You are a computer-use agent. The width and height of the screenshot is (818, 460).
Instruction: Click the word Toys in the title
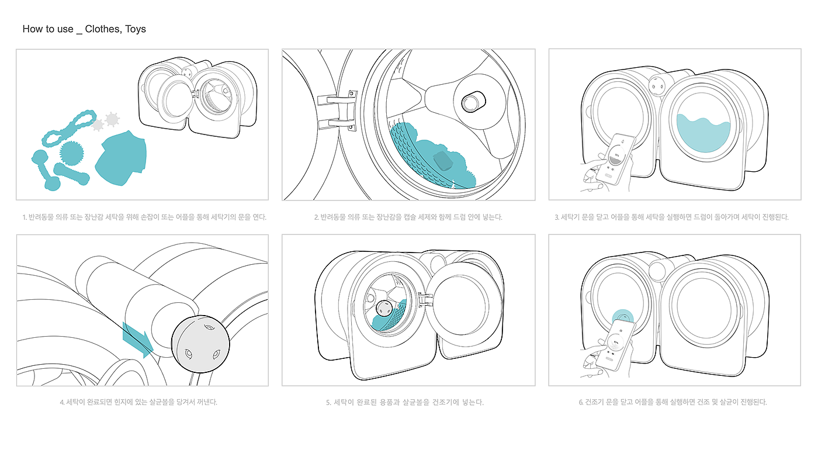click(x=135, y=29)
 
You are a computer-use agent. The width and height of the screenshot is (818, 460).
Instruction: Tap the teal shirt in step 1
click(x=121, y=158)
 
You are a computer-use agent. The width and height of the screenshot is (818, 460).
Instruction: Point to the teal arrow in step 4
click(x=138, y=340)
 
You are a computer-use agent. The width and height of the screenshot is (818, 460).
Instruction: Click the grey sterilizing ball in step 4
click(x=200, y=344)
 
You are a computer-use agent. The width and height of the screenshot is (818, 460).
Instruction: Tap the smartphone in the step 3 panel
click(x=616, y=160)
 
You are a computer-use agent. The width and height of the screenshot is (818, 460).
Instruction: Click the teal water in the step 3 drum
click(x=703, y=133)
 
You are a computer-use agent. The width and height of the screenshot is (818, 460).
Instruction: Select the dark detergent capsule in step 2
click(x=443, y=161)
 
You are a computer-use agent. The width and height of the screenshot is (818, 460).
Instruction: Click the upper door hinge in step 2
click(x=338, y=98)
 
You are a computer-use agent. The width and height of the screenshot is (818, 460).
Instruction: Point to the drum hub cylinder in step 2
click(x=473, y=102)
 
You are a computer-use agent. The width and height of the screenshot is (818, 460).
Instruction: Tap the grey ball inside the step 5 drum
click(x=384, y=309)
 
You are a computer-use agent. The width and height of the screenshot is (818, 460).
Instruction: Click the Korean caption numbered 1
click(x=144, y=217)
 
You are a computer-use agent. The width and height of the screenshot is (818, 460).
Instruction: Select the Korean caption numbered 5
click(x=404, y=402)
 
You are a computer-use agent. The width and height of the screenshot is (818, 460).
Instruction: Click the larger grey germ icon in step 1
click(x=112, y=119)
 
